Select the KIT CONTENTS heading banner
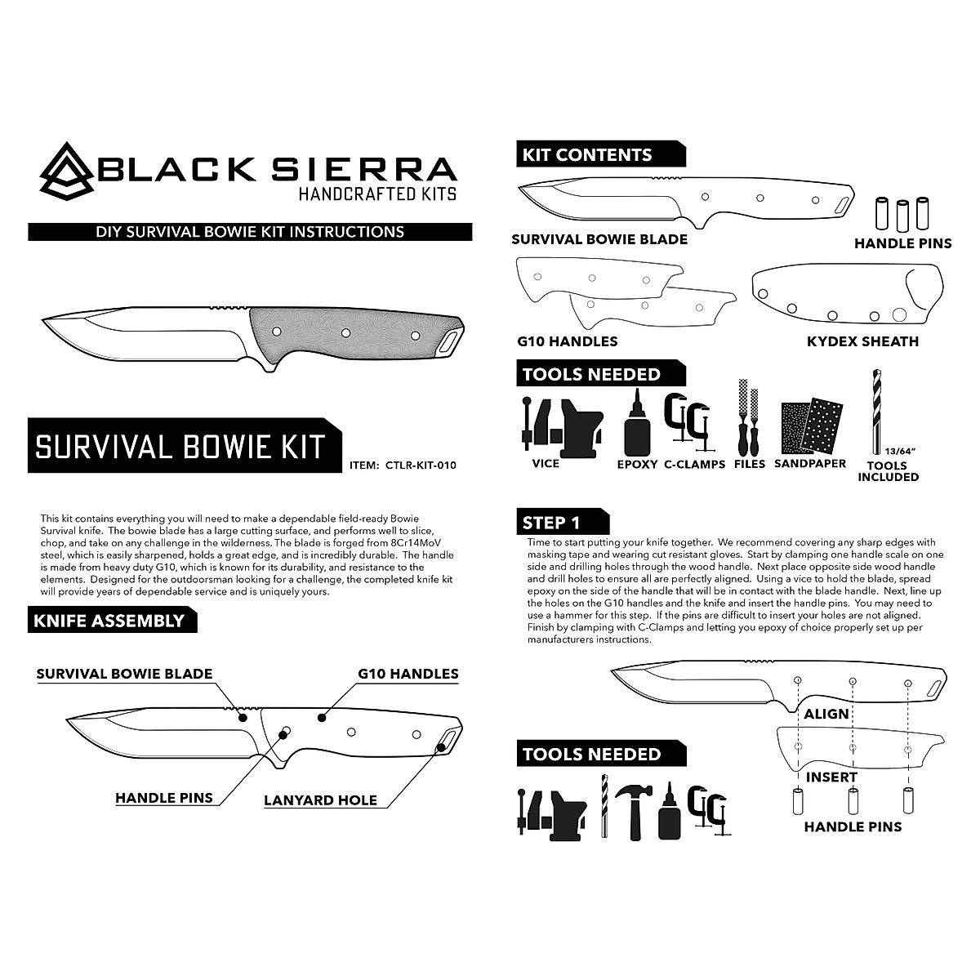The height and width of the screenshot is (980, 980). [586, 155]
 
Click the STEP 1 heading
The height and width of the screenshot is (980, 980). [552, 523]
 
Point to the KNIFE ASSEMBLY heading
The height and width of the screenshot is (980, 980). [109, 621]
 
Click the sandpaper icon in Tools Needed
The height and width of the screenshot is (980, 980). [809, 428]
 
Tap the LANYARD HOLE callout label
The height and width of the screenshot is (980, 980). [320, 800]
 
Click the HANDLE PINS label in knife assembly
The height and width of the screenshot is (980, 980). [163, 798]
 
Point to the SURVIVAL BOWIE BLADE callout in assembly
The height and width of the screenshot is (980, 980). [124, 674]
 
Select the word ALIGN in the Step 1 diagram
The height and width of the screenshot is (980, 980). [826, 714]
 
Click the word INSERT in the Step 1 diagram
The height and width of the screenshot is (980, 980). [831, 777]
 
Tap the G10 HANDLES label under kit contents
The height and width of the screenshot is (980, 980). [567, 341]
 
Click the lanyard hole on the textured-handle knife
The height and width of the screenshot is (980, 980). [449, 342]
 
